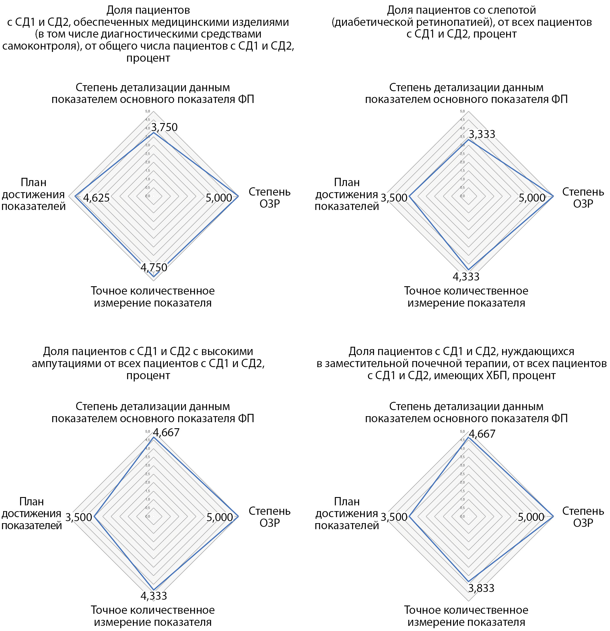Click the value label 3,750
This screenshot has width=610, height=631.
164,127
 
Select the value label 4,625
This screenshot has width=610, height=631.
96,198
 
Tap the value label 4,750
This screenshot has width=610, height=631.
154,267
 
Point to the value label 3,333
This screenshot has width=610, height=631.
482,134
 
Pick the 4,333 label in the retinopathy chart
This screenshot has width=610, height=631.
466,276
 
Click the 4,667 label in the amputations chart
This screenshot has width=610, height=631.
166,432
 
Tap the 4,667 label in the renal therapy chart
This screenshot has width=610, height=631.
482,434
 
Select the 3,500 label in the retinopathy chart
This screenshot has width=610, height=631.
394,198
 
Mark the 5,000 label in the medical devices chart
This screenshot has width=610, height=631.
219,198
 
